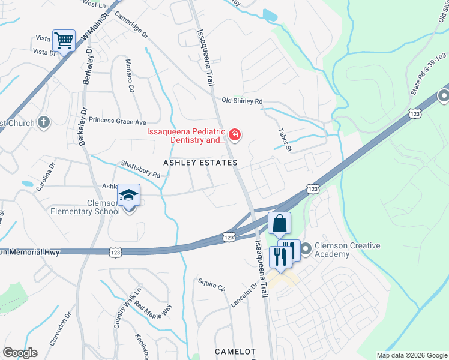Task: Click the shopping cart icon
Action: tap(64, 41)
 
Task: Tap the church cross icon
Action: tap(43, 123)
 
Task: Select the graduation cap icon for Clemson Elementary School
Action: tap(128, 196)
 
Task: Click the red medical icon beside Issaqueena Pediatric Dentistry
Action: tap(234, 135)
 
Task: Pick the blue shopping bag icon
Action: tap(280, 224)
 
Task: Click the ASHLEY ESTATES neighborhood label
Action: tap(200, 163)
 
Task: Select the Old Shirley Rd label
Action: tap(242, 101)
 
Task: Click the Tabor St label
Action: tap(284, 139)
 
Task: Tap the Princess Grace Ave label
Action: tap(118, 120)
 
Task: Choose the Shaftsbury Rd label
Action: tap(140, 168)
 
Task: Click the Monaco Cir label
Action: tap(129, 75)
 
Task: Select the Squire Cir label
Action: tap(211, 284)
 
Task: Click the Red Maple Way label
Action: tap(152, 308)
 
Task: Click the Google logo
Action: tap(20, 353)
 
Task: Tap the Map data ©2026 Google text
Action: tap(411, 355)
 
